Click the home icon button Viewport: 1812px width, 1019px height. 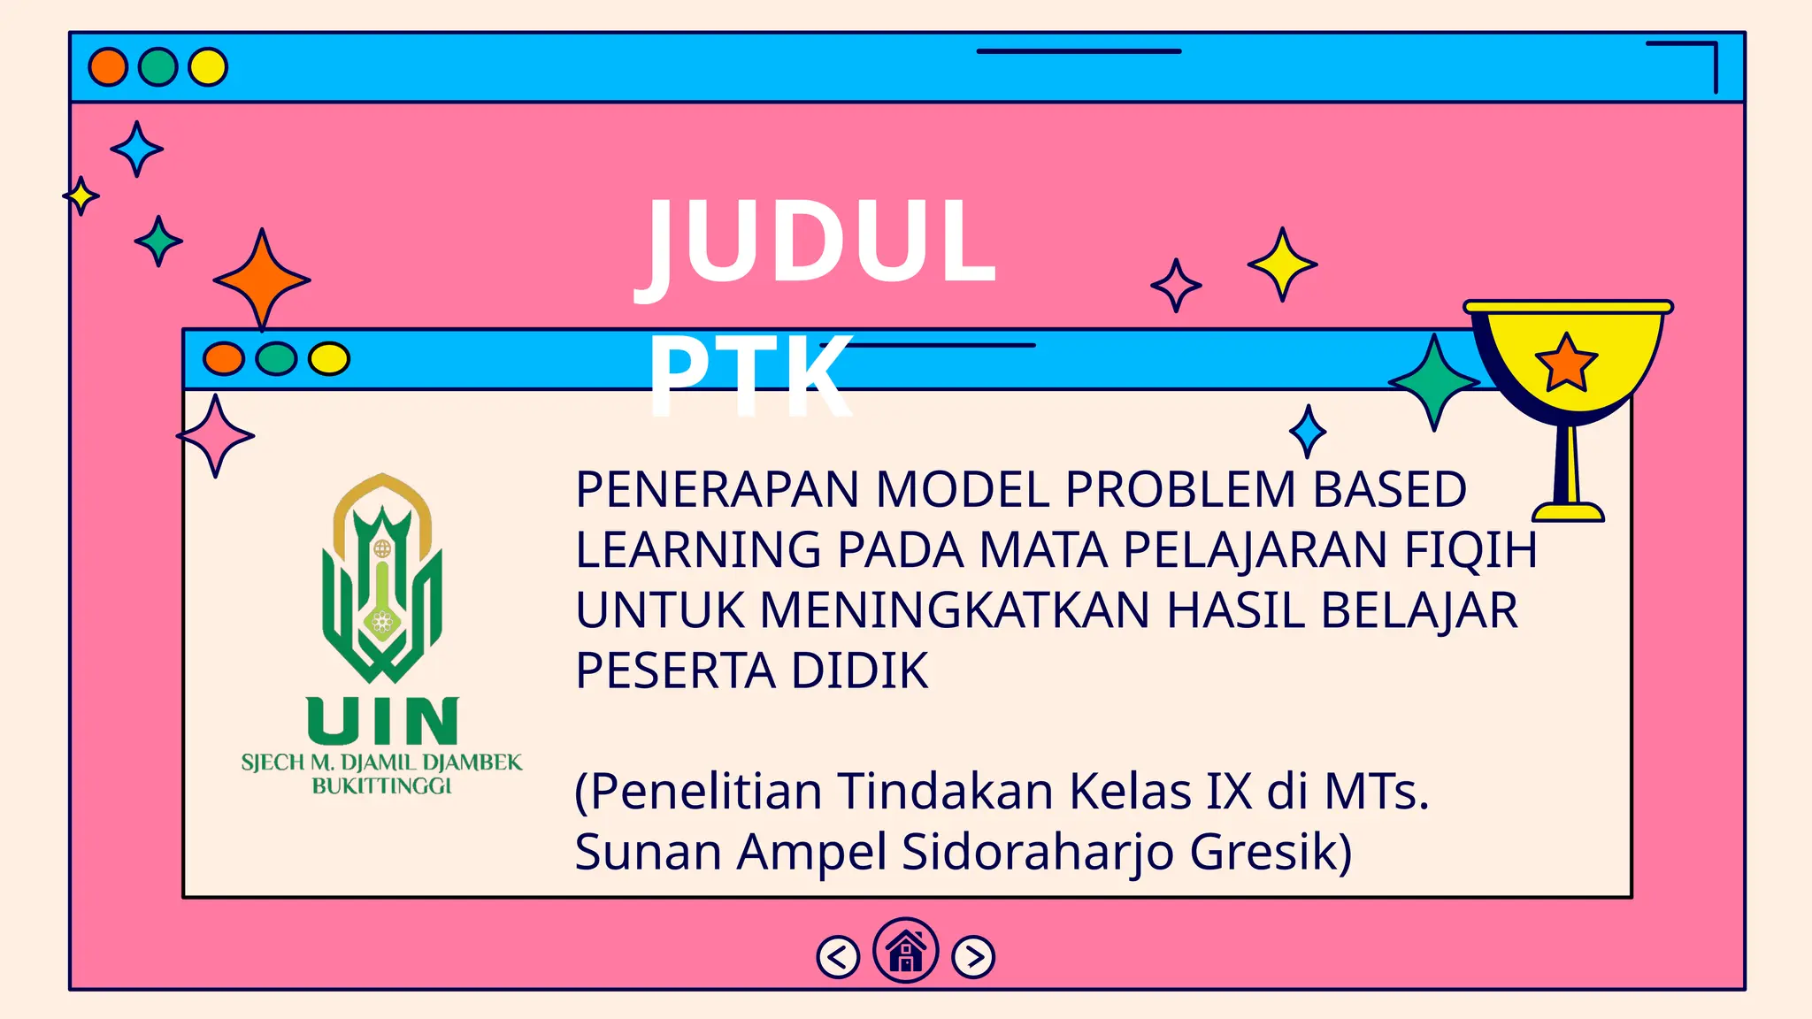905,952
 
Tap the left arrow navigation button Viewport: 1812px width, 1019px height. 838,957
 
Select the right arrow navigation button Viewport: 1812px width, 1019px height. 973,957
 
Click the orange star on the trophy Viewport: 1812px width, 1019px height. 1566,364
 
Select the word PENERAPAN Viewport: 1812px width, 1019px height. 718,490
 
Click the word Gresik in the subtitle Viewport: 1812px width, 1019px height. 1271,852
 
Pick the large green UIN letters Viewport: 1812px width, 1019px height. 382,720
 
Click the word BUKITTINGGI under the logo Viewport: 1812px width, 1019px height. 381,786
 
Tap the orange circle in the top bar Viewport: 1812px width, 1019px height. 108,67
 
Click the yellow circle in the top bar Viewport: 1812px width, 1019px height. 208,67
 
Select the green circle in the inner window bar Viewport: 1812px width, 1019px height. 276,359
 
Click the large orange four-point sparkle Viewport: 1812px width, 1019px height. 261,280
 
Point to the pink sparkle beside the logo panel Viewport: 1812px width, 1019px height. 215,435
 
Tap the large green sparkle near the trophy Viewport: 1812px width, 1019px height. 1433,382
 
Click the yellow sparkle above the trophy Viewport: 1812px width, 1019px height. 1282,264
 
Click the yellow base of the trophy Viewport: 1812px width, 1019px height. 1568,512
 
